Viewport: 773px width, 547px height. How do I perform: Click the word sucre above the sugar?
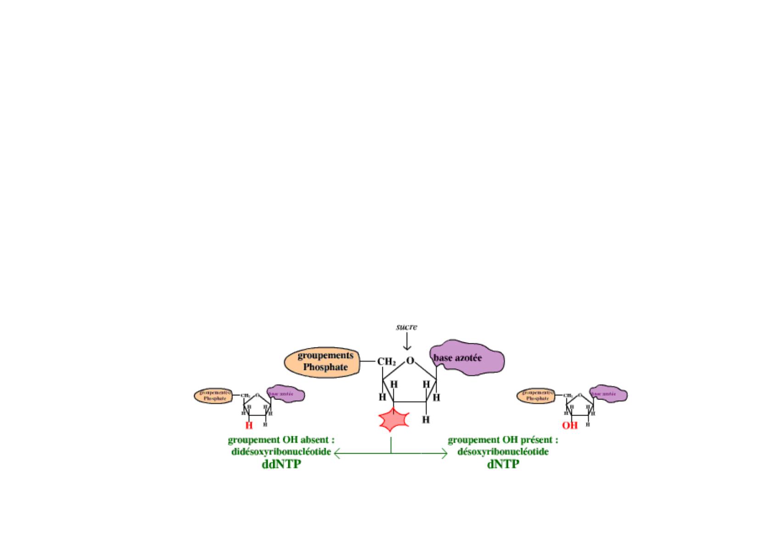(406, 327)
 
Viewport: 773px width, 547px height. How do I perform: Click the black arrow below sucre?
(406, 342)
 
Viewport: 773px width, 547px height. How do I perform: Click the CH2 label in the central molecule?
(386, 362)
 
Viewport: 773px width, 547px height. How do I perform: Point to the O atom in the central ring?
(410, 361)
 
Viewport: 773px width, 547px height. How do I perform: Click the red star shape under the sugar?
(391, 420)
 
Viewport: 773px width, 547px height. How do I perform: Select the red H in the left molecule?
(249, 426)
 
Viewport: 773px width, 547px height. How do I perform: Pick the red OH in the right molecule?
(570, 426)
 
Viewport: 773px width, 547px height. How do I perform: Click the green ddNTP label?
(281, 464)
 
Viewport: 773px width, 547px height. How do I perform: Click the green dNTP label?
(503, 464)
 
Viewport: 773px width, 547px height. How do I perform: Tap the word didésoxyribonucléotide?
(281, 451)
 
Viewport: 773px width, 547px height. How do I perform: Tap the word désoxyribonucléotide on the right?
(503, 451)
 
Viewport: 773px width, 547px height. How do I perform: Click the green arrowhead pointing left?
(337, 454)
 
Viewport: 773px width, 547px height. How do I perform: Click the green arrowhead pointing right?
(444, 454)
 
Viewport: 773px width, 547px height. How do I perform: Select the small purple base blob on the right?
(609, 394)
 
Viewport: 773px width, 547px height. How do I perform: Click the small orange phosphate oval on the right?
(536, 396)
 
